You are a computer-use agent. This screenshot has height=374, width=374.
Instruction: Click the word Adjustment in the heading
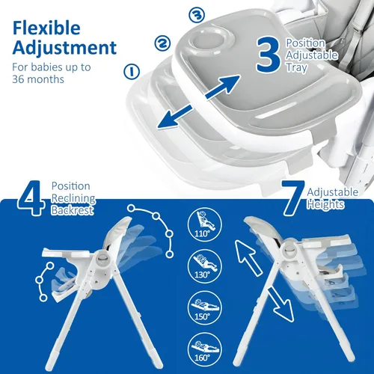64,49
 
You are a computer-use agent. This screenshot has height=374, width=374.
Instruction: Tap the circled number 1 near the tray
133,73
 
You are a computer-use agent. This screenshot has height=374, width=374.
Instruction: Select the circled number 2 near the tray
161,43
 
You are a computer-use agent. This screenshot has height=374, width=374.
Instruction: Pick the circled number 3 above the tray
197,14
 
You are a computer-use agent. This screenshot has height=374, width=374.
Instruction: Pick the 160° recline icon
201,346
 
